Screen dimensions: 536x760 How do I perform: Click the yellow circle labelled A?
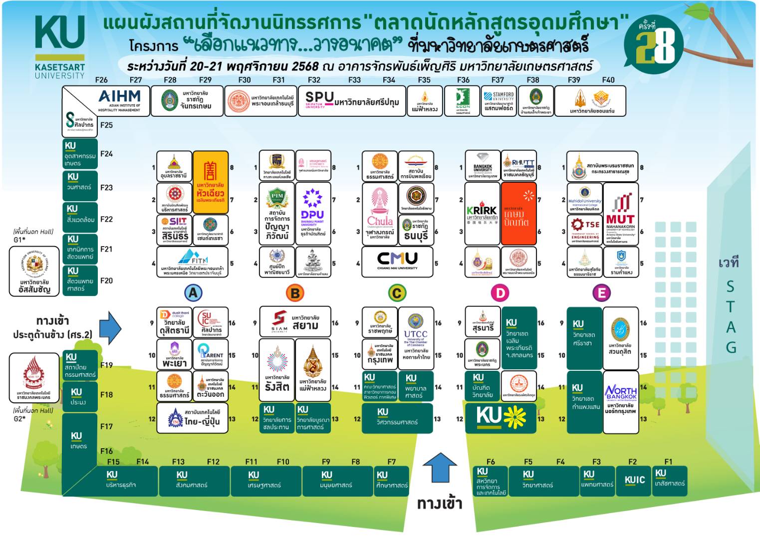[193, 292]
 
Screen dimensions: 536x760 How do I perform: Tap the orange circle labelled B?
[295, 293]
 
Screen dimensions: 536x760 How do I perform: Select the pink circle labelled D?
[500, 293]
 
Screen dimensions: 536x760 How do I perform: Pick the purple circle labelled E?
[601, 293]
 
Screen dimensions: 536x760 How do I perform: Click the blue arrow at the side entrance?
[110, 328]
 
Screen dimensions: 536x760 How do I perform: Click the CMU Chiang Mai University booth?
[397, 261]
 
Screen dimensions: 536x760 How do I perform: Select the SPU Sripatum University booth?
[352, 101]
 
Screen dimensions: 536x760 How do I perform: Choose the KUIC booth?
[634, 480]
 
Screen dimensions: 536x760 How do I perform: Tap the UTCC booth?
[416, 338]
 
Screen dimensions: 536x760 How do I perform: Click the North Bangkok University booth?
[620, 402]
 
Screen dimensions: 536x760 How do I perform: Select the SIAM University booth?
[295, 322]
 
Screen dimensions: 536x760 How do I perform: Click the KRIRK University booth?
[482, 214]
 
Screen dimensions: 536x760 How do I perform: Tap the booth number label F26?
[101, 80]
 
